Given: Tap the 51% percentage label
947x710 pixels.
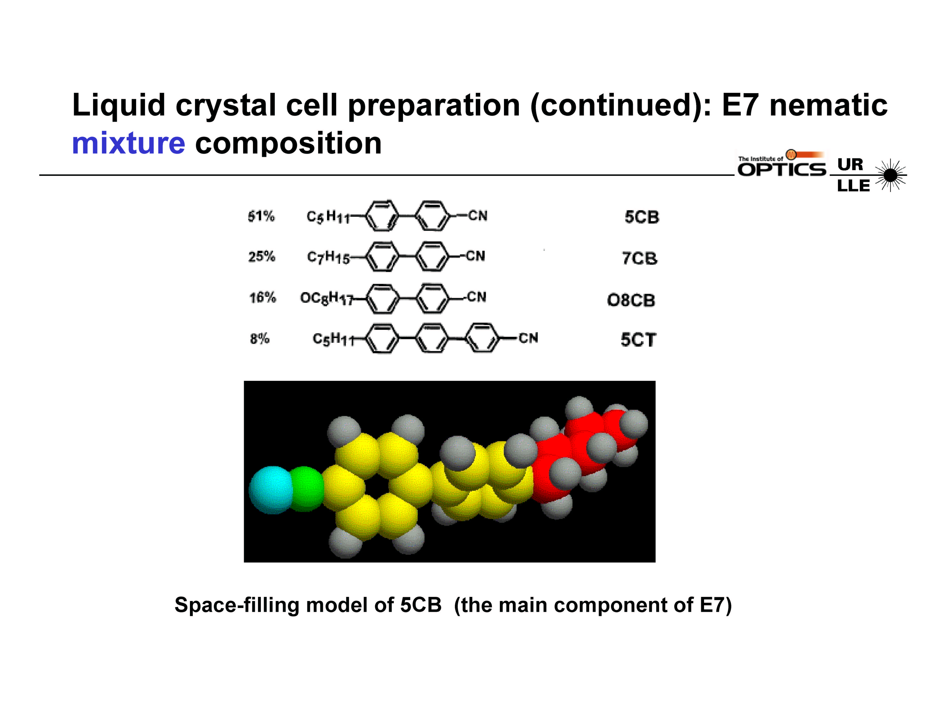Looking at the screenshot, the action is click(x=261, y=216).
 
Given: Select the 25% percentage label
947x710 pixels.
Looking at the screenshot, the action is click(x=262, y=257).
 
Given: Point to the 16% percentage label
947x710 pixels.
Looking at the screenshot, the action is click(x=262, y=297).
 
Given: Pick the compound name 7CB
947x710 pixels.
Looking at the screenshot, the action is click(x=640, y=258).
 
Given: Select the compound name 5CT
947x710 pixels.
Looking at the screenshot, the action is click(x=638, y=340).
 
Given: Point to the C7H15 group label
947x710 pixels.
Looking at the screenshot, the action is click(x=328, y=257).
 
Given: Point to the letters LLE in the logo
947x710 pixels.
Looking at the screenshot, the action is click(x=853, y=186).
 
